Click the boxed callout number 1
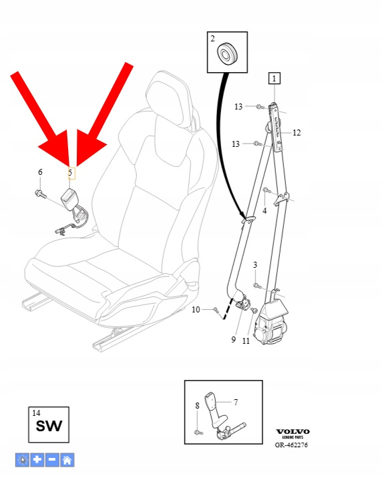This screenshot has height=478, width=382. click(x=274, y=78)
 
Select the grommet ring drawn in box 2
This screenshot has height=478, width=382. click(x=228, y=53)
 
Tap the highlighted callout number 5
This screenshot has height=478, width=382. click(x=70, y=173)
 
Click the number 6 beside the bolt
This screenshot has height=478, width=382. click(x=40, y=172)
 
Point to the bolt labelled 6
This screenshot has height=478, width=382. click(x=41, y=194)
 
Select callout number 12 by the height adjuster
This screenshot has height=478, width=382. click(x=297, y=133)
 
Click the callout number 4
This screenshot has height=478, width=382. click(x=264, y=211)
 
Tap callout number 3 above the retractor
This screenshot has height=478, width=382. click(x=255, y=264)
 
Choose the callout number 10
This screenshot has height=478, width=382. click(x=196, y=310)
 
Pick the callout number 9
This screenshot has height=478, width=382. click(x=234, y=339)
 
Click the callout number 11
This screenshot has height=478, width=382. click(x=246, y=341)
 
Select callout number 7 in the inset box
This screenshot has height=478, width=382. click(x=236, y=403)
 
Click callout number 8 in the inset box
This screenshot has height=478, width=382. click(x=197, y=406)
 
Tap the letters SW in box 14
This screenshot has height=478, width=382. click(x=49, y=426)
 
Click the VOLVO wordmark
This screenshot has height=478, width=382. click(x=293, y=432)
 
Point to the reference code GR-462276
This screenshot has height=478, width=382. click(x=291, y=445)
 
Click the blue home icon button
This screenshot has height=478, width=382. click(x=67, y=460)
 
